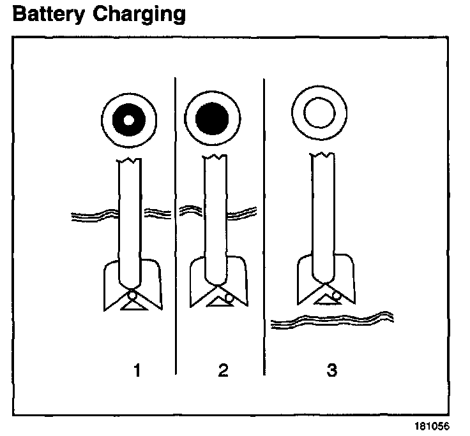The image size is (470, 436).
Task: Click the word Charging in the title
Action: coord(139,15)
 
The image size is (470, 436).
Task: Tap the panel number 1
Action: coord(135,370)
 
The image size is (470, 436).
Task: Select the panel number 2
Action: coord(222,370)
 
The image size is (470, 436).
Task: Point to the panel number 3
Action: coord(331,370)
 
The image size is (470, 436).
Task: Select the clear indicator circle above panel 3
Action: coord(319,115)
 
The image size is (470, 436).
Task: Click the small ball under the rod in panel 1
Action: coord(132,295)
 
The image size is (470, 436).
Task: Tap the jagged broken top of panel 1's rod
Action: coord(133,159)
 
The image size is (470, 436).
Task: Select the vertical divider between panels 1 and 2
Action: coord(175,223)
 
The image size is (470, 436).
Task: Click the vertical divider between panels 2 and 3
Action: coord(264,223)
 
